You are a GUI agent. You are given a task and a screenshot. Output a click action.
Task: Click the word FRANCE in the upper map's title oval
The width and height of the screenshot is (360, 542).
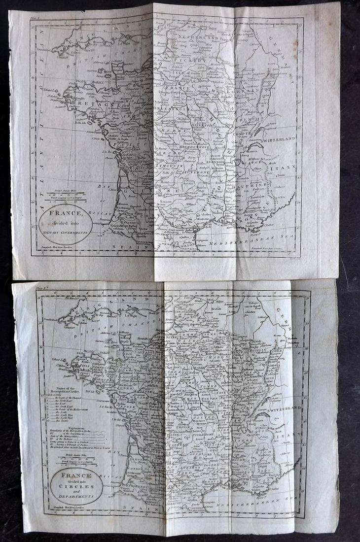[x=66, y=214]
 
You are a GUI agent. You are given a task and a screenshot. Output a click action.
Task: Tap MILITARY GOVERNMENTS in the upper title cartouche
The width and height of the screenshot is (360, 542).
[x=66, y=231]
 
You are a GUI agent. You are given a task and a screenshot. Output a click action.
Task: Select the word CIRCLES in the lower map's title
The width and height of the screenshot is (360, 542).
[x=76, y=482]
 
